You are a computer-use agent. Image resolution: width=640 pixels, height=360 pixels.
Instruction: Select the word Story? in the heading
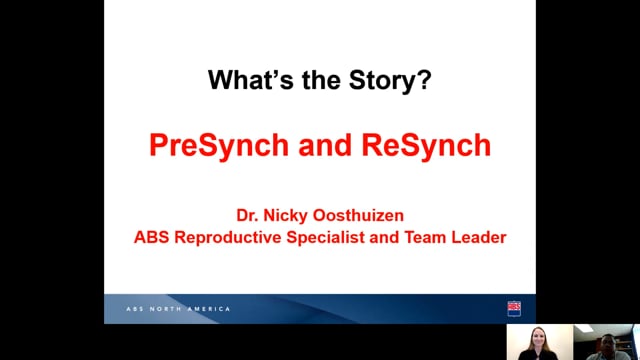[x=390, y=80]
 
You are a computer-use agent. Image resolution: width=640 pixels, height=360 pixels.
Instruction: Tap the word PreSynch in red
[x=219, y=146]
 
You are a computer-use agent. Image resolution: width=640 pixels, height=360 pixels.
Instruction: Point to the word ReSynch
[x=426, y=146]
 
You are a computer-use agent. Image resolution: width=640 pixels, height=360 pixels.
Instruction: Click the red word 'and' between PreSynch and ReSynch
[x=325, y=146]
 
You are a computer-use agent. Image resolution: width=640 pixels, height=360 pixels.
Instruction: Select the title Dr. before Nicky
[x=247, y=216]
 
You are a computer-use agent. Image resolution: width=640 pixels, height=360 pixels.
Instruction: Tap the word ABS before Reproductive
[x=151, y=237]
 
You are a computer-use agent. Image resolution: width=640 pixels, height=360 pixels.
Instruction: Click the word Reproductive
[x=228, y=238]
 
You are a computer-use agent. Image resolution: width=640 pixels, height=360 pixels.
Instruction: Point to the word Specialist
[x=325, y=238]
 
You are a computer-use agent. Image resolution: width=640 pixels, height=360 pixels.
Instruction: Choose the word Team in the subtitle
[x=425, y=237]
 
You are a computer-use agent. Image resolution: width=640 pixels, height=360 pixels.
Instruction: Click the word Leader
[x=479, y=237]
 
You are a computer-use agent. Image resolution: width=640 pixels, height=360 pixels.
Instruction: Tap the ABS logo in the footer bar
[x=514, y=309]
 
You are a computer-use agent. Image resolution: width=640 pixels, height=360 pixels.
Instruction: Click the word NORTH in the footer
[x=166, y=309]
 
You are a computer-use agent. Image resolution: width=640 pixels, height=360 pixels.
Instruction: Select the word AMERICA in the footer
[x=209, y=309]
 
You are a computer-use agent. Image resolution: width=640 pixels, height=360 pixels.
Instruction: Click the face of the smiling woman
[x=538, y=338]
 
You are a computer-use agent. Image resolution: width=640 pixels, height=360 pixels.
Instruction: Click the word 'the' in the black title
[x=321, y=80]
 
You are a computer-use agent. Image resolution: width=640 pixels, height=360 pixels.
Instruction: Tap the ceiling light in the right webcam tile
[x=584, y=329]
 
